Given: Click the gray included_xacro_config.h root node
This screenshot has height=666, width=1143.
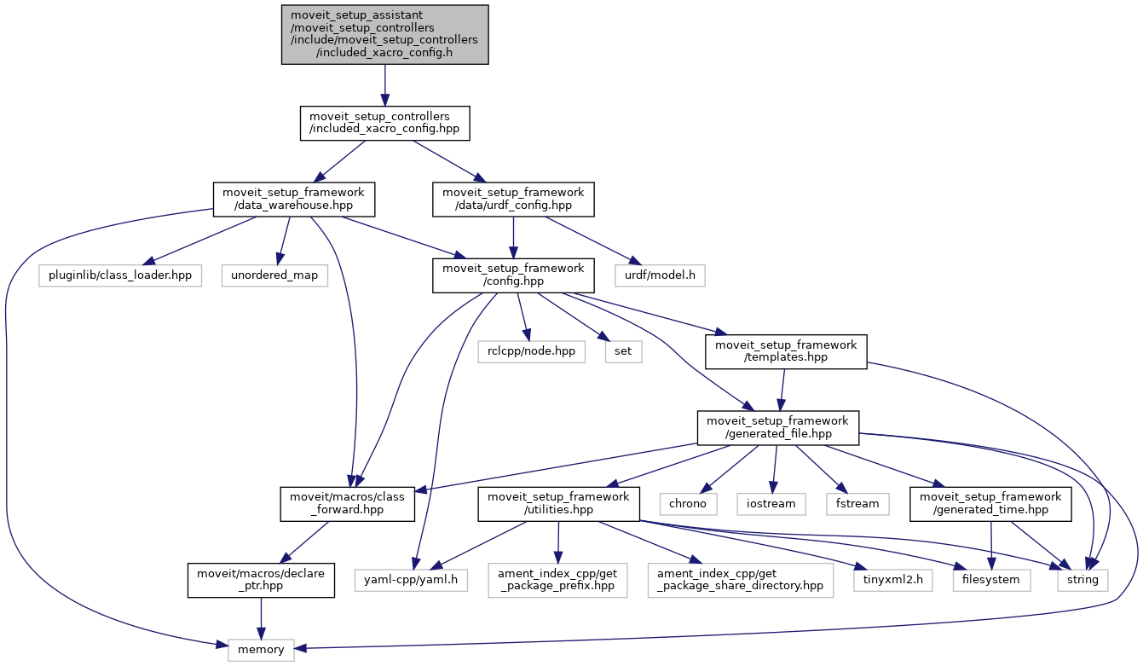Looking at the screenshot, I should (385, 34).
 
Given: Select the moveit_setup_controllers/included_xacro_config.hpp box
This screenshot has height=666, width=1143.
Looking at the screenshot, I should (385, 124).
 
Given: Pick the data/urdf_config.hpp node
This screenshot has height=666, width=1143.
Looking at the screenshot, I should (513, 200).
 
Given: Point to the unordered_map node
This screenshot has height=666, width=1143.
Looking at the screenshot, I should (274, 275).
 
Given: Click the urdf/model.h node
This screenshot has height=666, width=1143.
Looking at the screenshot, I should (660, 275).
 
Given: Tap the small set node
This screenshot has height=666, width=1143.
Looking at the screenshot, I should (623, 350).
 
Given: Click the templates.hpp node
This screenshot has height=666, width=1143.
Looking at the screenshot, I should (786, 351).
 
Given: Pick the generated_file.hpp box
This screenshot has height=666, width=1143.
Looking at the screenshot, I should (777, 428).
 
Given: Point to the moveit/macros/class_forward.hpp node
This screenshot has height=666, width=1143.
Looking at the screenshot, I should (348, 504).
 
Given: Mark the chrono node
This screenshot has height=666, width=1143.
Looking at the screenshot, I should (688, 503).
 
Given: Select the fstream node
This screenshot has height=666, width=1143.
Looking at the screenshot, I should (857, 503).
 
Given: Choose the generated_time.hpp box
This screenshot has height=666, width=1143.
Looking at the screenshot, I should (990, 504).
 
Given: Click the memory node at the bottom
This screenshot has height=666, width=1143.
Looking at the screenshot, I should (261, 650).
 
